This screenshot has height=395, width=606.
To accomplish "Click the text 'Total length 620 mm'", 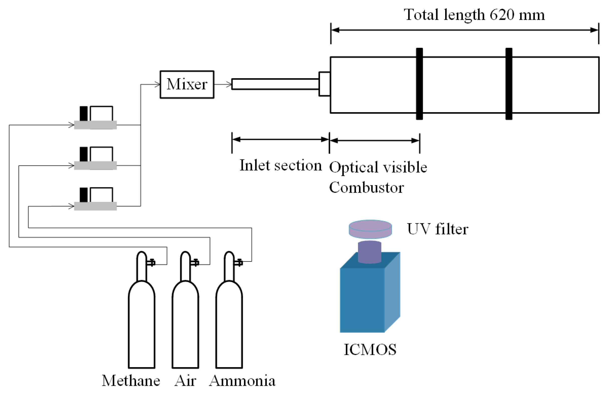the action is coord(474,15).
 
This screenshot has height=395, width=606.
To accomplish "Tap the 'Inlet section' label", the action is coord(281,165).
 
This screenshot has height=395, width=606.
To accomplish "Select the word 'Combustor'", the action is coord(367,188).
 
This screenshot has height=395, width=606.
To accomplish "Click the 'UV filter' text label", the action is coord(438,229).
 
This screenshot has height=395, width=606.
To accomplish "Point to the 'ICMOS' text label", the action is coord(370,349).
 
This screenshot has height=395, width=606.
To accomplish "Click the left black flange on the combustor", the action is coord(419,84).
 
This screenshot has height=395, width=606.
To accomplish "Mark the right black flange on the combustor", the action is coord(509,84).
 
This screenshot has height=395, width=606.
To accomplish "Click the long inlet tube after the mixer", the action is coord(276,84).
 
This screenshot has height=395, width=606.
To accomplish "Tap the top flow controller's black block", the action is coord(83,113).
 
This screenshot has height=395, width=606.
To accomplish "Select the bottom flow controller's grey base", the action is coord(95,206).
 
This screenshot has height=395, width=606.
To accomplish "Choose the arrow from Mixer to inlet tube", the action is coord(223,84).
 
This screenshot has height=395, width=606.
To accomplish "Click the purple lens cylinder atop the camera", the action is coord(370,252).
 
